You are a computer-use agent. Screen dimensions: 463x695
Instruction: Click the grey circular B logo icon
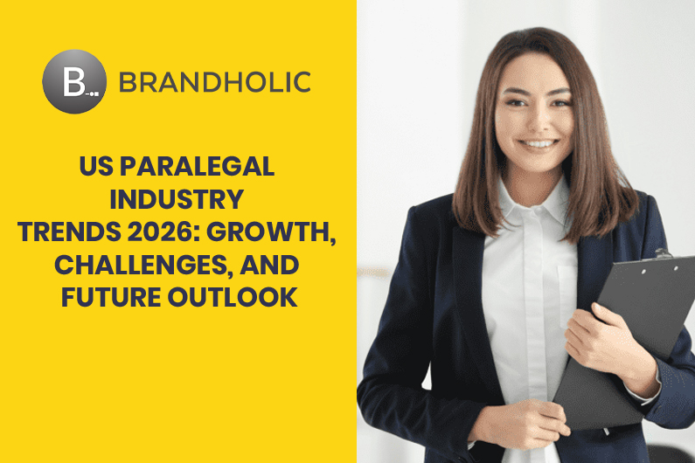[x=74, y=83]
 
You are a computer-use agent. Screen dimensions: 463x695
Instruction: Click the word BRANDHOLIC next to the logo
[x=215, y=83]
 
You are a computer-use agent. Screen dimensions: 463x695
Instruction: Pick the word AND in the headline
[x=269, y=264]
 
